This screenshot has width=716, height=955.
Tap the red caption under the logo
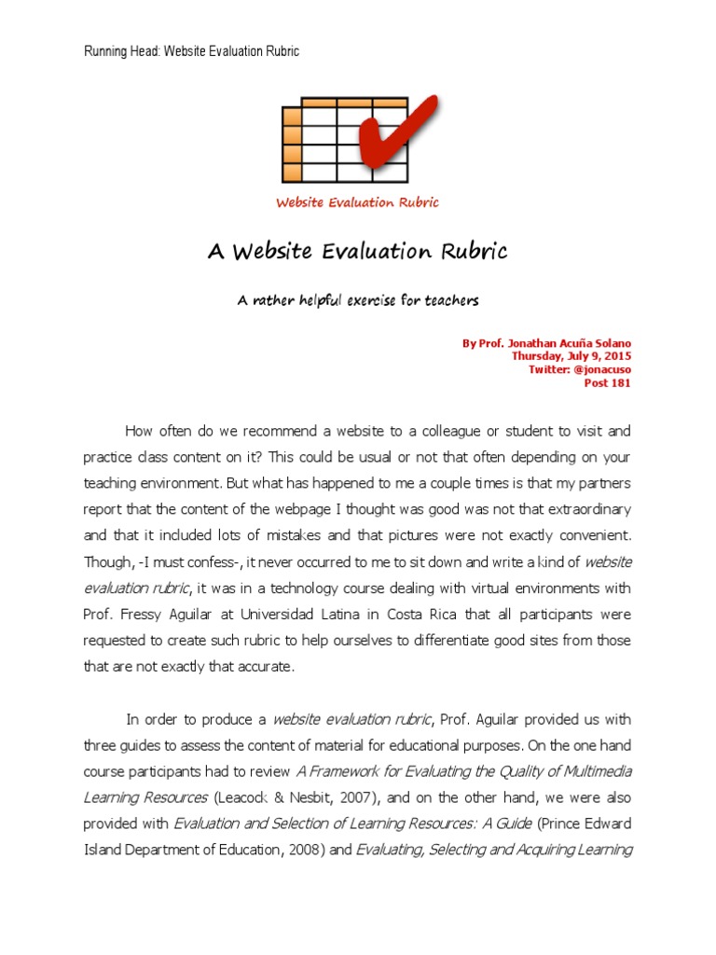(357, 202)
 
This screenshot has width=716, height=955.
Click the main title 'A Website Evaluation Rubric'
(357, 252)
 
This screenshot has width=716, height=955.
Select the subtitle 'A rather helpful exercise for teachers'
(357, 301)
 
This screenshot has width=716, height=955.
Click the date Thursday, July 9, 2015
(571, 356)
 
